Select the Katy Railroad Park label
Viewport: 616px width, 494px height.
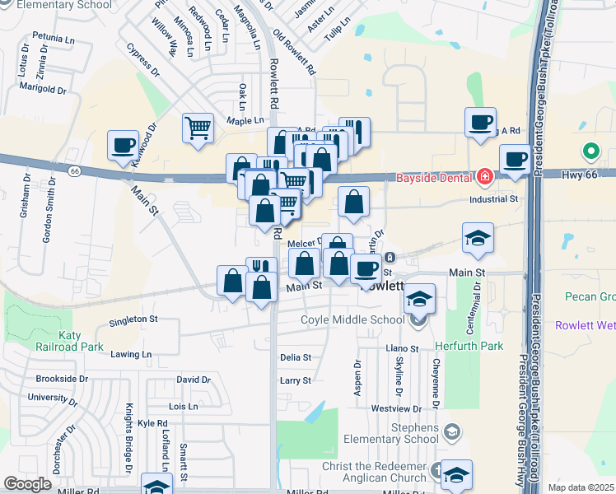click(x=81, y=341)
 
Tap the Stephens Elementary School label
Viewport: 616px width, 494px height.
click(x=391, y=433)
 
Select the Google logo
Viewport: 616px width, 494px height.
click(x=27, y=484)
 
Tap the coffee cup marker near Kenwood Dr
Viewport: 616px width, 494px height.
click(x=124, y=146)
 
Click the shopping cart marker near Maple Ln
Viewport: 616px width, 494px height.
click(x=198, y=128)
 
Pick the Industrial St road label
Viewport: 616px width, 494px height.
click(x=493, y=199)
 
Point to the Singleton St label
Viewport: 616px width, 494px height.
click(x=133, y=319)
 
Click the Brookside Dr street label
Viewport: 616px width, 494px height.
click(x=62, y=379)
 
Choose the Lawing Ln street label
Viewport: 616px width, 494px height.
click(x=132, y=355)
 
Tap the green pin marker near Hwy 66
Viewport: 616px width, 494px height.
click(x=590, y=151)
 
